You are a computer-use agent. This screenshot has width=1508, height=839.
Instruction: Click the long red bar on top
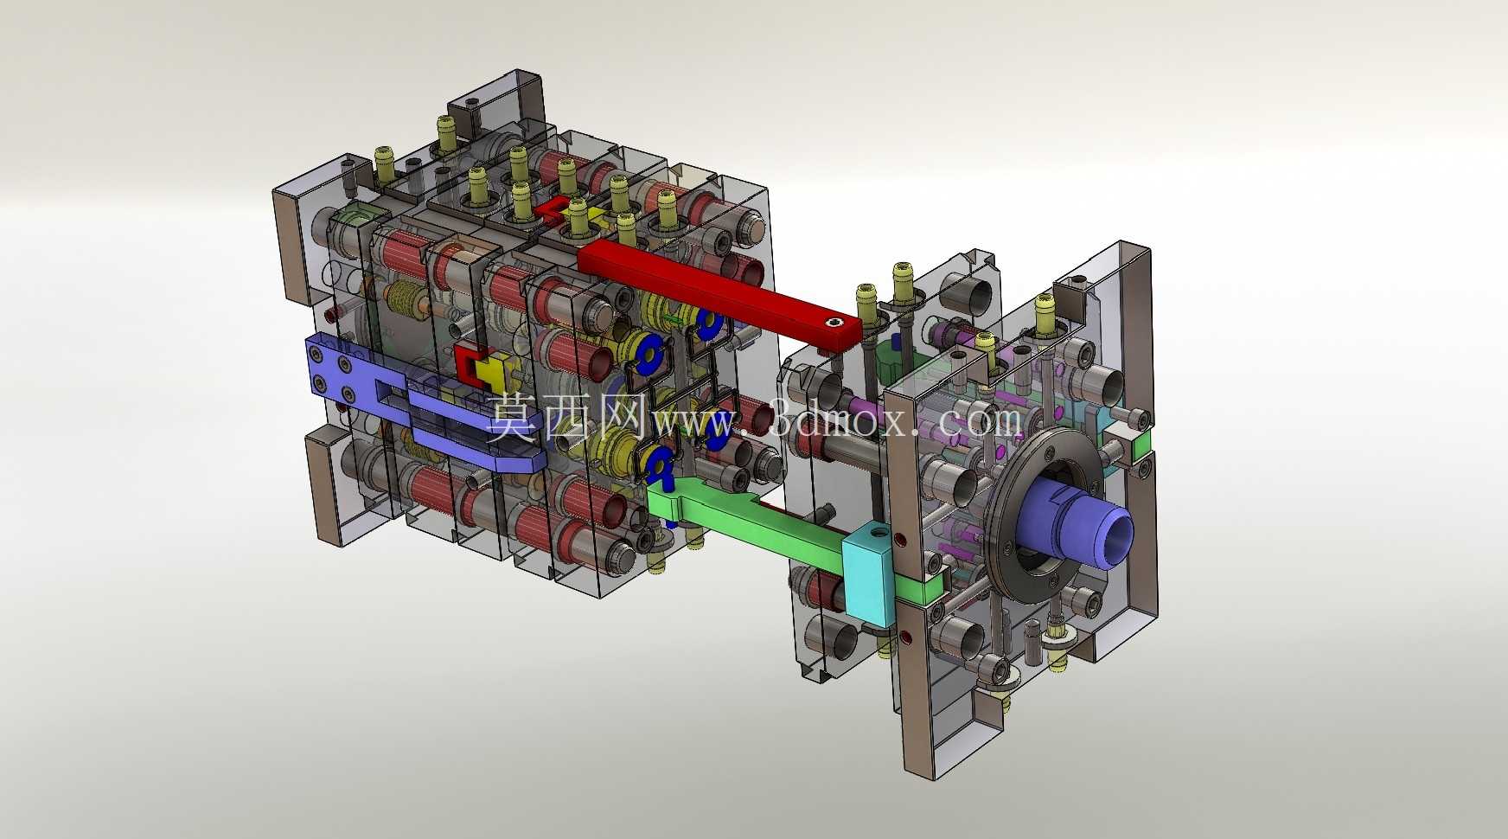pyautogui.click(x=718, y=291)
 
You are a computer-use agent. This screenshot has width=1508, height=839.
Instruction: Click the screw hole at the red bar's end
pyautogui.click(x=834, y=323)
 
